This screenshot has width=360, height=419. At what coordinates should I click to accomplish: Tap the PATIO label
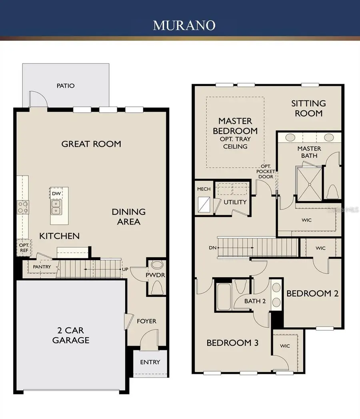click(x=65, y=86)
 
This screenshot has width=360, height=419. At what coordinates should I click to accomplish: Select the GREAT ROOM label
click(x=91, y=144)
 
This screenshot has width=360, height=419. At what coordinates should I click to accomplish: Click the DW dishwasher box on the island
click(x=56, y=193)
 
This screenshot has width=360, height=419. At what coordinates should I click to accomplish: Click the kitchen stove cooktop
click(x=22, y=207)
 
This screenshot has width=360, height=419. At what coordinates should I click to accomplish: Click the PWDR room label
click(x=156, y=276)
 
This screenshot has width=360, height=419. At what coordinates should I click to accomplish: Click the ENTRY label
click(x=150, y=362)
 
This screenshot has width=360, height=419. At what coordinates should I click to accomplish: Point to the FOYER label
click(x=146, y=321)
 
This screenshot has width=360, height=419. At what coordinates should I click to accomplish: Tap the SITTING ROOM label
click(x=308, y=108)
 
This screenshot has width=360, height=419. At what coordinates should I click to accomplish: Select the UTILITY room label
click(x=235, y=202)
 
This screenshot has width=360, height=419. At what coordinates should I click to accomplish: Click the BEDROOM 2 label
click(x=312, y=293)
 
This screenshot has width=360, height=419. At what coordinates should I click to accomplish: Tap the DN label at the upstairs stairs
click(x=212, y=248)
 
